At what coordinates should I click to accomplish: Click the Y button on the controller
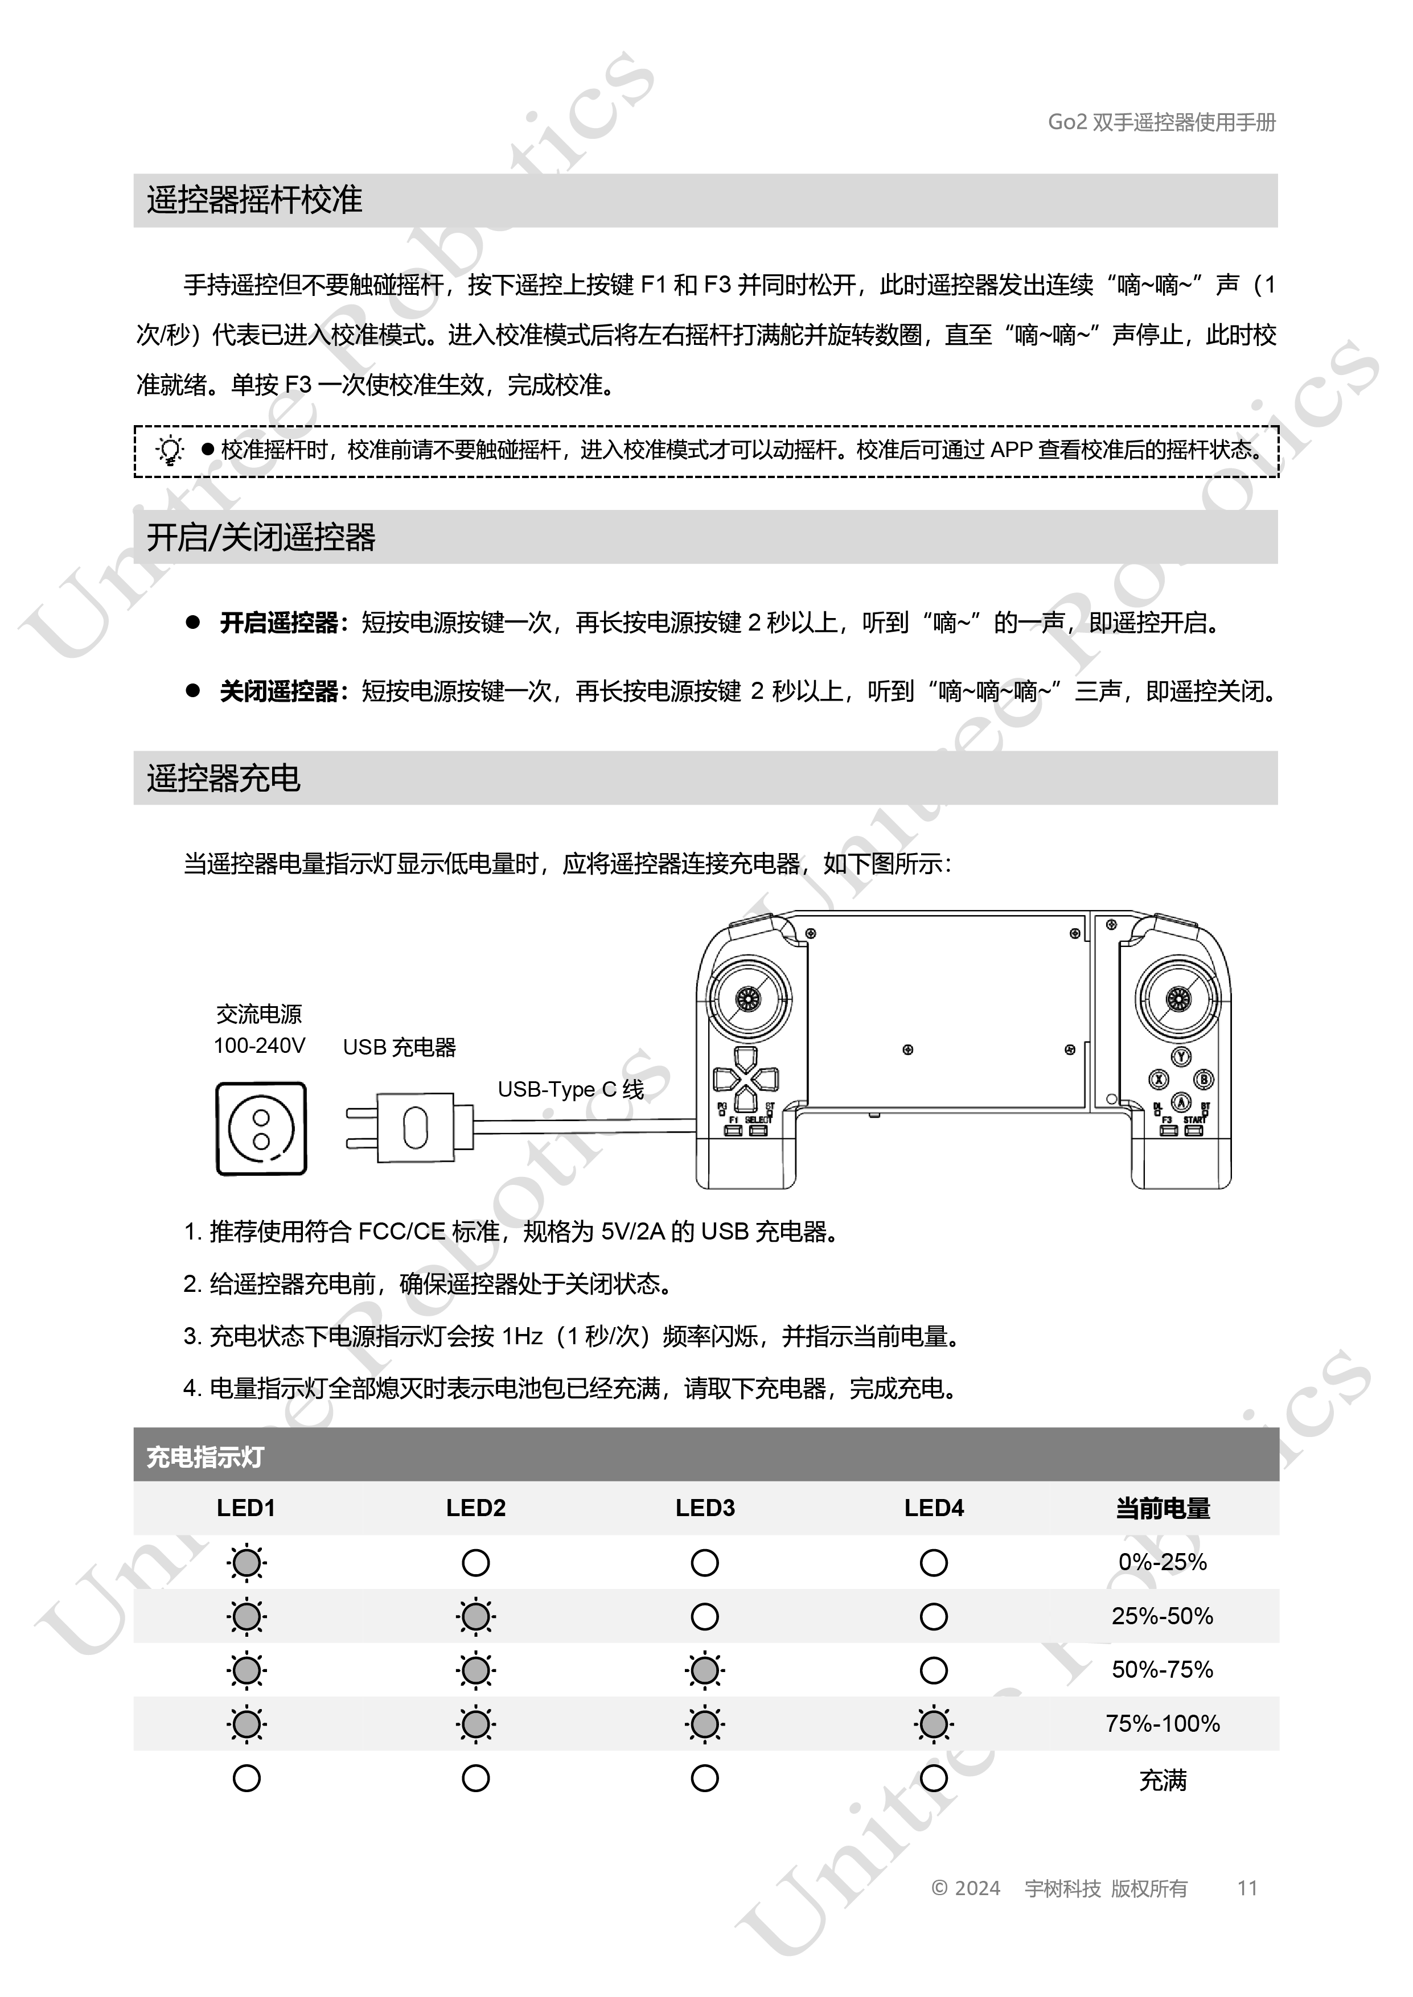(x=1181, y=1056)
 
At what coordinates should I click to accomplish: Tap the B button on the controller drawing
(x=1204, y=1080)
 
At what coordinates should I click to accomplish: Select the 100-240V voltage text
(x=259, y=1045)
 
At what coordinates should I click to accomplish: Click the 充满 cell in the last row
(x=1163, y=1780)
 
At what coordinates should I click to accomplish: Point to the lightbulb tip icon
(x=170, y=451)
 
